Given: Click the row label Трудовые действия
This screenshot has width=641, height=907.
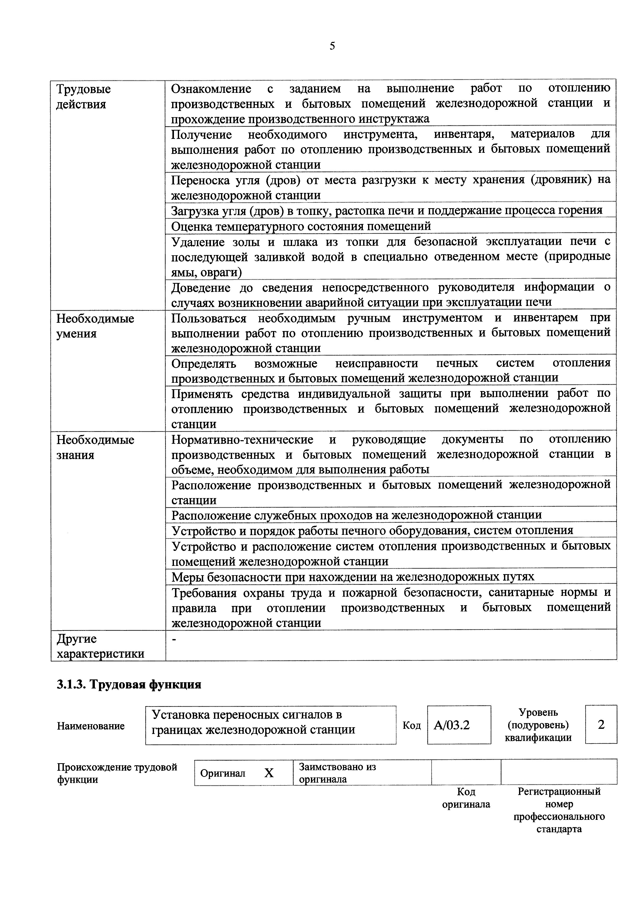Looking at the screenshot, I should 83,97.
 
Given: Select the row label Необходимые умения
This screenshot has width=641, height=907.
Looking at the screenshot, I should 95,326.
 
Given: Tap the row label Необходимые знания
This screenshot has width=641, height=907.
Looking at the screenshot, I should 95,447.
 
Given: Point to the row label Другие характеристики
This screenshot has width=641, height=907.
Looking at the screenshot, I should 100,646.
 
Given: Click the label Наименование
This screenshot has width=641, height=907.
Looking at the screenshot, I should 91,726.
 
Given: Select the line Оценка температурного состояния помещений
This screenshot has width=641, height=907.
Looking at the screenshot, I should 301,226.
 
